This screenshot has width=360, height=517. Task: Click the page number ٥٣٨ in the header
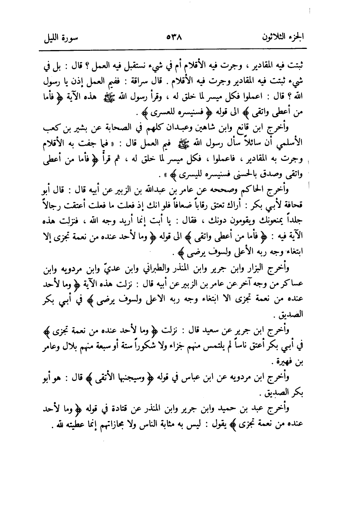tap(174, 38)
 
